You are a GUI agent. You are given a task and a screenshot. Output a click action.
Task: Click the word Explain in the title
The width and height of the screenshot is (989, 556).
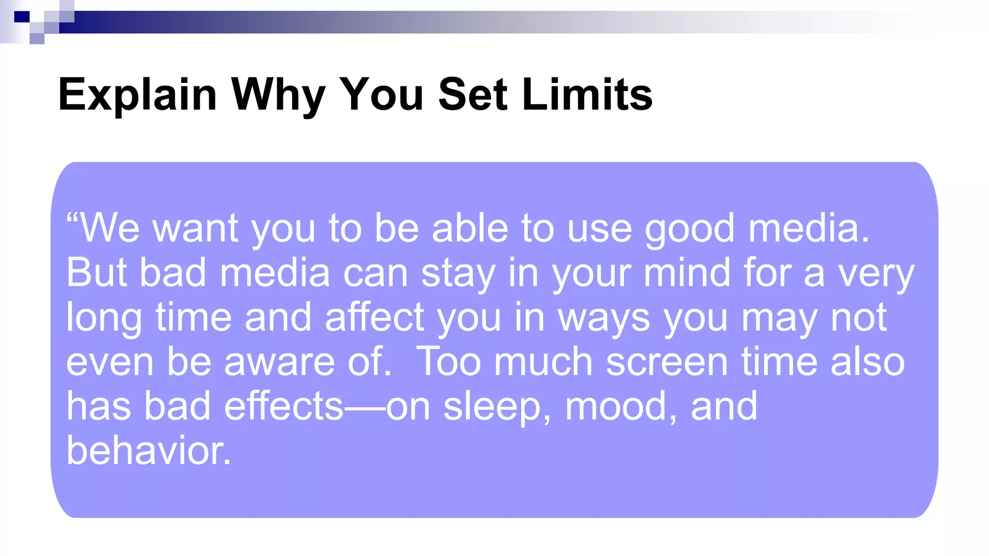coord(137,95)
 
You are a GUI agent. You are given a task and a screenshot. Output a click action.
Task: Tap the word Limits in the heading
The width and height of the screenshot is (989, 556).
coord(587,95)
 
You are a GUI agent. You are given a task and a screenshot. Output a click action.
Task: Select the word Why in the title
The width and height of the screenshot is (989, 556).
coord(278,95)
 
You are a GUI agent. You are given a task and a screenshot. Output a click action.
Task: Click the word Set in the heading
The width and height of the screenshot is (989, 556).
coord(473,95)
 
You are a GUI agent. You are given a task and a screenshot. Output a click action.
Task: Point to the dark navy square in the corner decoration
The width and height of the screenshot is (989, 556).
coord(22,17)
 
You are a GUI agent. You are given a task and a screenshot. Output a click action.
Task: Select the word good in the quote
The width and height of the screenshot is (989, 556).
coord(690,228)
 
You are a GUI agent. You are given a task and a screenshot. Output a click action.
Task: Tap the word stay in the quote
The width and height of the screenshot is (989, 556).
coord(458,273)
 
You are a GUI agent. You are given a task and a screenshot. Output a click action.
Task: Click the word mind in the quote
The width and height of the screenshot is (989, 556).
coord(687,273)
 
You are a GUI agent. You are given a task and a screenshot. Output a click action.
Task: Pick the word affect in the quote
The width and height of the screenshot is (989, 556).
coord(375,318)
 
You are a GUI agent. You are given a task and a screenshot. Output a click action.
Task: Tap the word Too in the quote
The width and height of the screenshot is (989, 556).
coord(448,362)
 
